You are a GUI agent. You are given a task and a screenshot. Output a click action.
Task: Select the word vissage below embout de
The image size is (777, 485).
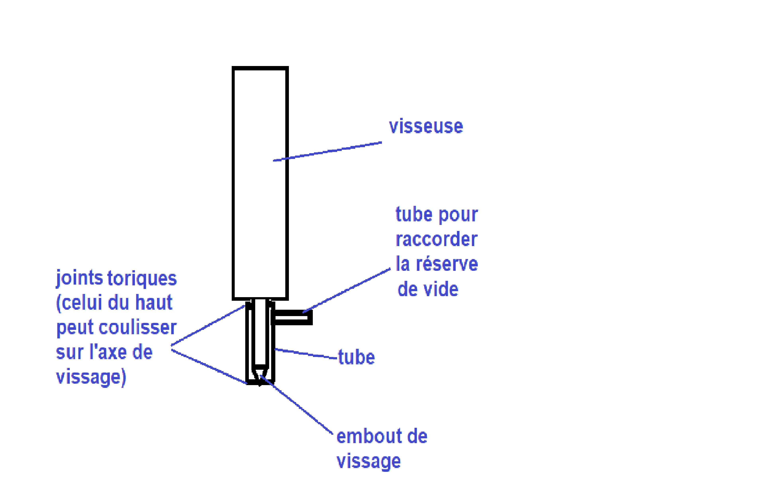(368, 462)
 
